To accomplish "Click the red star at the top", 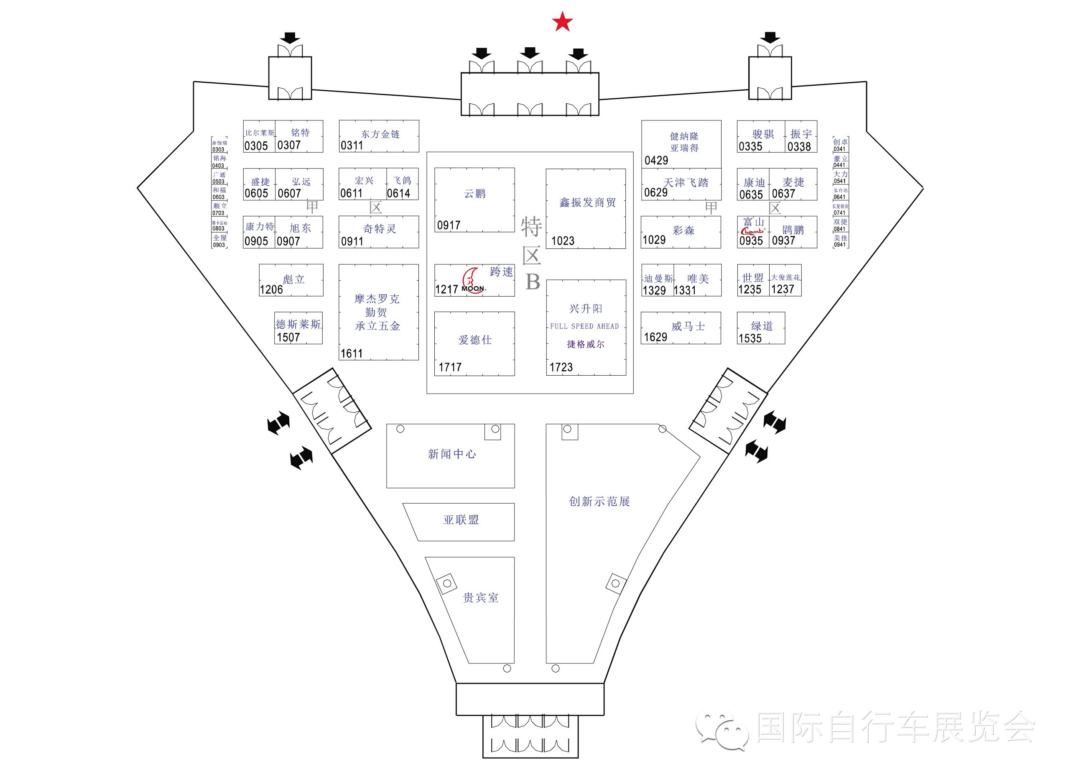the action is (562, 22).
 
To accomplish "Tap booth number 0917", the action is (449, 225).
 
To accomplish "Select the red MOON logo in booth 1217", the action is (473, 281).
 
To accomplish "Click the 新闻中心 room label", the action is (451, 454).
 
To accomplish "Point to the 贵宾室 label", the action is (480, 598).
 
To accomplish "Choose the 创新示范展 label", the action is (599, 502).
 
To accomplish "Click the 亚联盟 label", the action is (461, 520).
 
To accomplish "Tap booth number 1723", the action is (561, 367).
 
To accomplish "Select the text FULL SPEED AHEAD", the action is (584, 326).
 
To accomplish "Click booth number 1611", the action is (352, 353).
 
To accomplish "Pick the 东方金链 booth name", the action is (380, 134).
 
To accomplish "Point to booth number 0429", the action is (656, 161).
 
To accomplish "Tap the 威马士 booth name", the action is (688, 326).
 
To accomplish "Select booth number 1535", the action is (750, 338).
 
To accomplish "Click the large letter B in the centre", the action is (533, 282).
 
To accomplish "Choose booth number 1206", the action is (271, 289).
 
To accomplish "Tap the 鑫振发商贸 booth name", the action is (587, 202).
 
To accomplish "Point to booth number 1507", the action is (288, 338).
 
